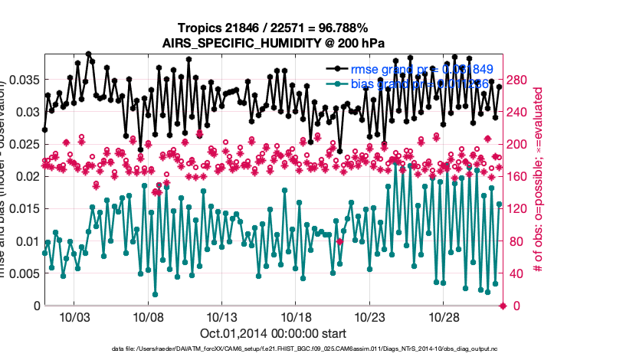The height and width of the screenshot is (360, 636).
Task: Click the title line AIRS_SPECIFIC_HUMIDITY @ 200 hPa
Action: pyautogui.click(x=273, y=43)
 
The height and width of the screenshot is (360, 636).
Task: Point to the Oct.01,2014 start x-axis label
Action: pyautogui.click(x=273, y=333)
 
